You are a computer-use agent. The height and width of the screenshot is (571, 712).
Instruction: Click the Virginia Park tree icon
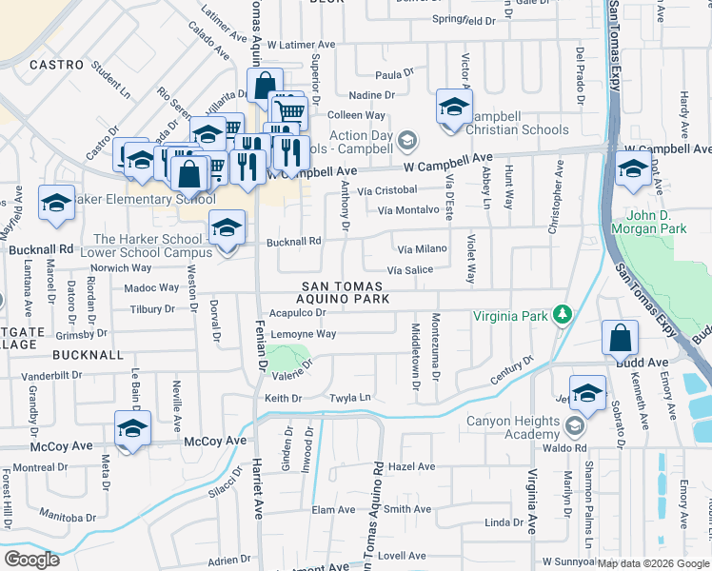(x=563, y=314)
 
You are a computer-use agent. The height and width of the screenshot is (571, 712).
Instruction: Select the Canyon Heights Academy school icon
(x=574, y=424)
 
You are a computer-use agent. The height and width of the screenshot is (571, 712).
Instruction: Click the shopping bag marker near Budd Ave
(x=620, y=338)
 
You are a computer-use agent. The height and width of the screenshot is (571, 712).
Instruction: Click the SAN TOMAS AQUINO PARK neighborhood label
(x=343, y=292)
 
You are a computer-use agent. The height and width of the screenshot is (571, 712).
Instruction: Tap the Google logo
(x=31, y=559)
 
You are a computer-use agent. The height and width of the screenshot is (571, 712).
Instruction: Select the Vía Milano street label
(x=422, y=248)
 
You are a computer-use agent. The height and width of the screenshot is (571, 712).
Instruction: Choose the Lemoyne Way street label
(x=304, y=334)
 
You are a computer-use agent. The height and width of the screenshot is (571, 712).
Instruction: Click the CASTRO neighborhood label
(x=51, y=65)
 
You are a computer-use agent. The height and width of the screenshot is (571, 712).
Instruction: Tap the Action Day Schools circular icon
(x=407, y=141)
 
